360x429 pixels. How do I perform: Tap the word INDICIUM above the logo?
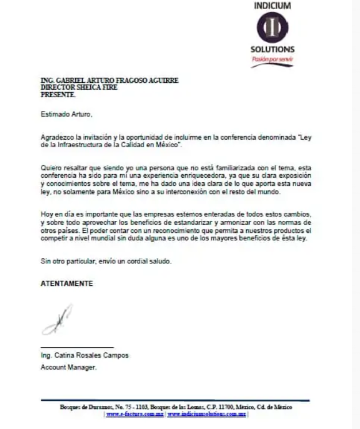pyautogui.click(x=272, y=6)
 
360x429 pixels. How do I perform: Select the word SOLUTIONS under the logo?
pyautogui.click(x=272, y=49)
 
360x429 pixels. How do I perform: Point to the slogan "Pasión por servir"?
pyautogui.click(x=272, y=59)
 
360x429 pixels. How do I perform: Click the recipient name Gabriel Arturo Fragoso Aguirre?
pyautogui.click(x=109, y=81)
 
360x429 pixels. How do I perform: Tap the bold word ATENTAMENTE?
pyautogui.click(x=67, y=284)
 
